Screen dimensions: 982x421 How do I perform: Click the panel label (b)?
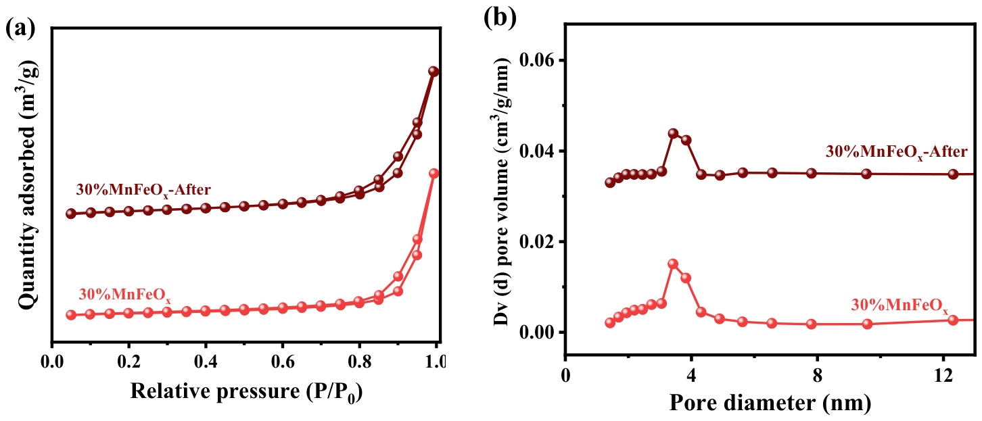pos(500,17)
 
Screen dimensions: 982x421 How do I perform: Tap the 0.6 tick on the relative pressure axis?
pos(282,362)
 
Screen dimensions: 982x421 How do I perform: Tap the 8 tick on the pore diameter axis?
pos(817,376)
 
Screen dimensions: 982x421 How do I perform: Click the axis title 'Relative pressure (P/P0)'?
pos(246,391)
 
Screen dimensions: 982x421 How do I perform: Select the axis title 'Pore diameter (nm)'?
pos(770,403)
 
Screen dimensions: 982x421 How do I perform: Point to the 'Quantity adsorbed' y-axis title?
pos(28,187)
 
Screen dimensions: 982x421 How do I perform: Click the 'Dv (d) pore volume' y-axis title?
pos(502,192)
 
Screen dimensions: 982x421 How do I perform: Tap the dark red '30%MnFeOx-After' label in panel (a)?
pos(143,190)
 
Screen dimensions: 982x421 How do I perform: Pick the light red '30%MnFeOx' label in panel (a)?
pos(124,295)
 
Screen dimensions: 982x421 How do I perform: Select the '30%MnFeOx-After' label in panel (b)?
pos(897,152)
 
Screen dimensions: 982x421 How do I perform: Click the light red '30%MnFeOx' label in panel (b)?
pos(899,305)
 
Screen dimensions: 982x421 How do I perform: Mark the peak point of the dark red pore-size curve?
pos(673,133)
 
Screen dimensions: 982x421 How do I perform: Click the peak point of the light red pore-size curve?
pos(673,264)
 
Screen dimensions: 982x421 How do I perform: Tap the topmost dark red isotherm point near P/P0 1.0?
pos(433,72)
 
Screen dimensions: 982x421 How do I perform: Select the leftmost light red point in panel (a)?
pos(71,314)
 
